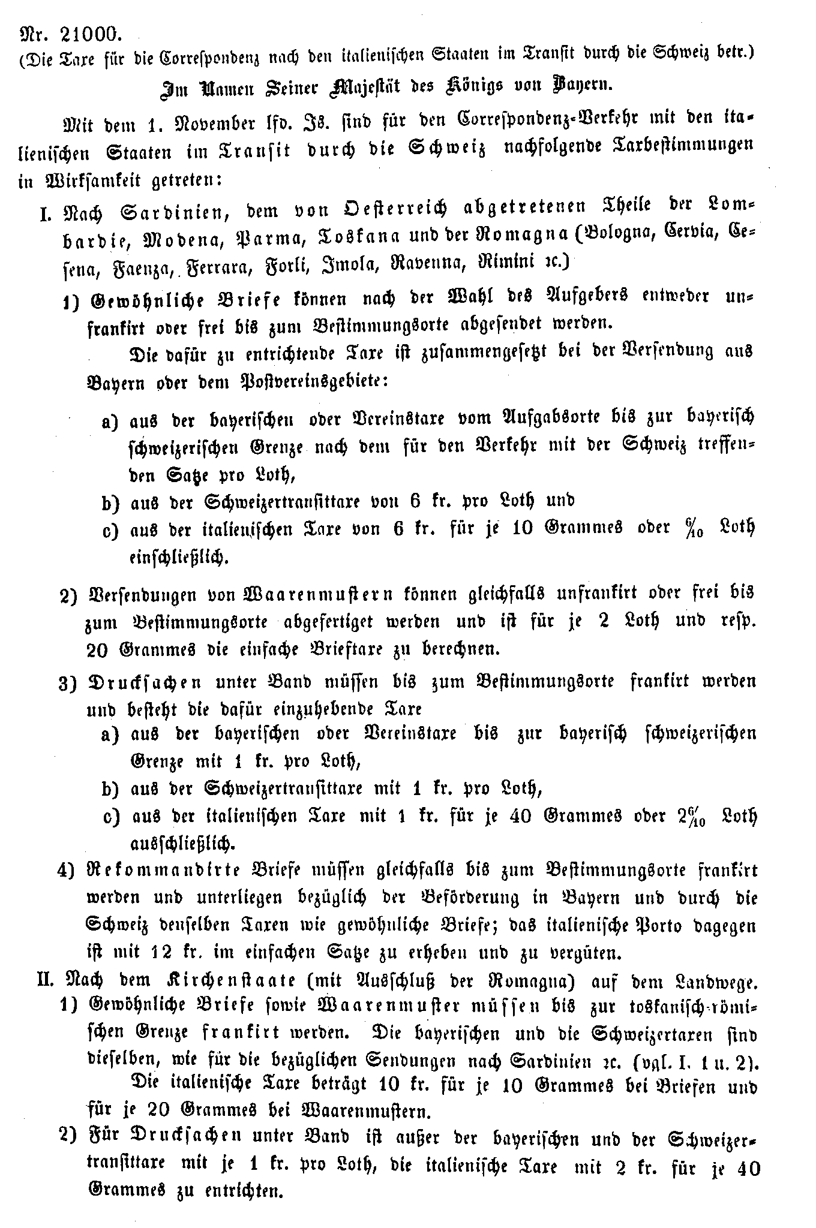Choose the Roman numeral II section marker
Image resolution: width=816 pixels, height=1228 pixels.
pos(47,981)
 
